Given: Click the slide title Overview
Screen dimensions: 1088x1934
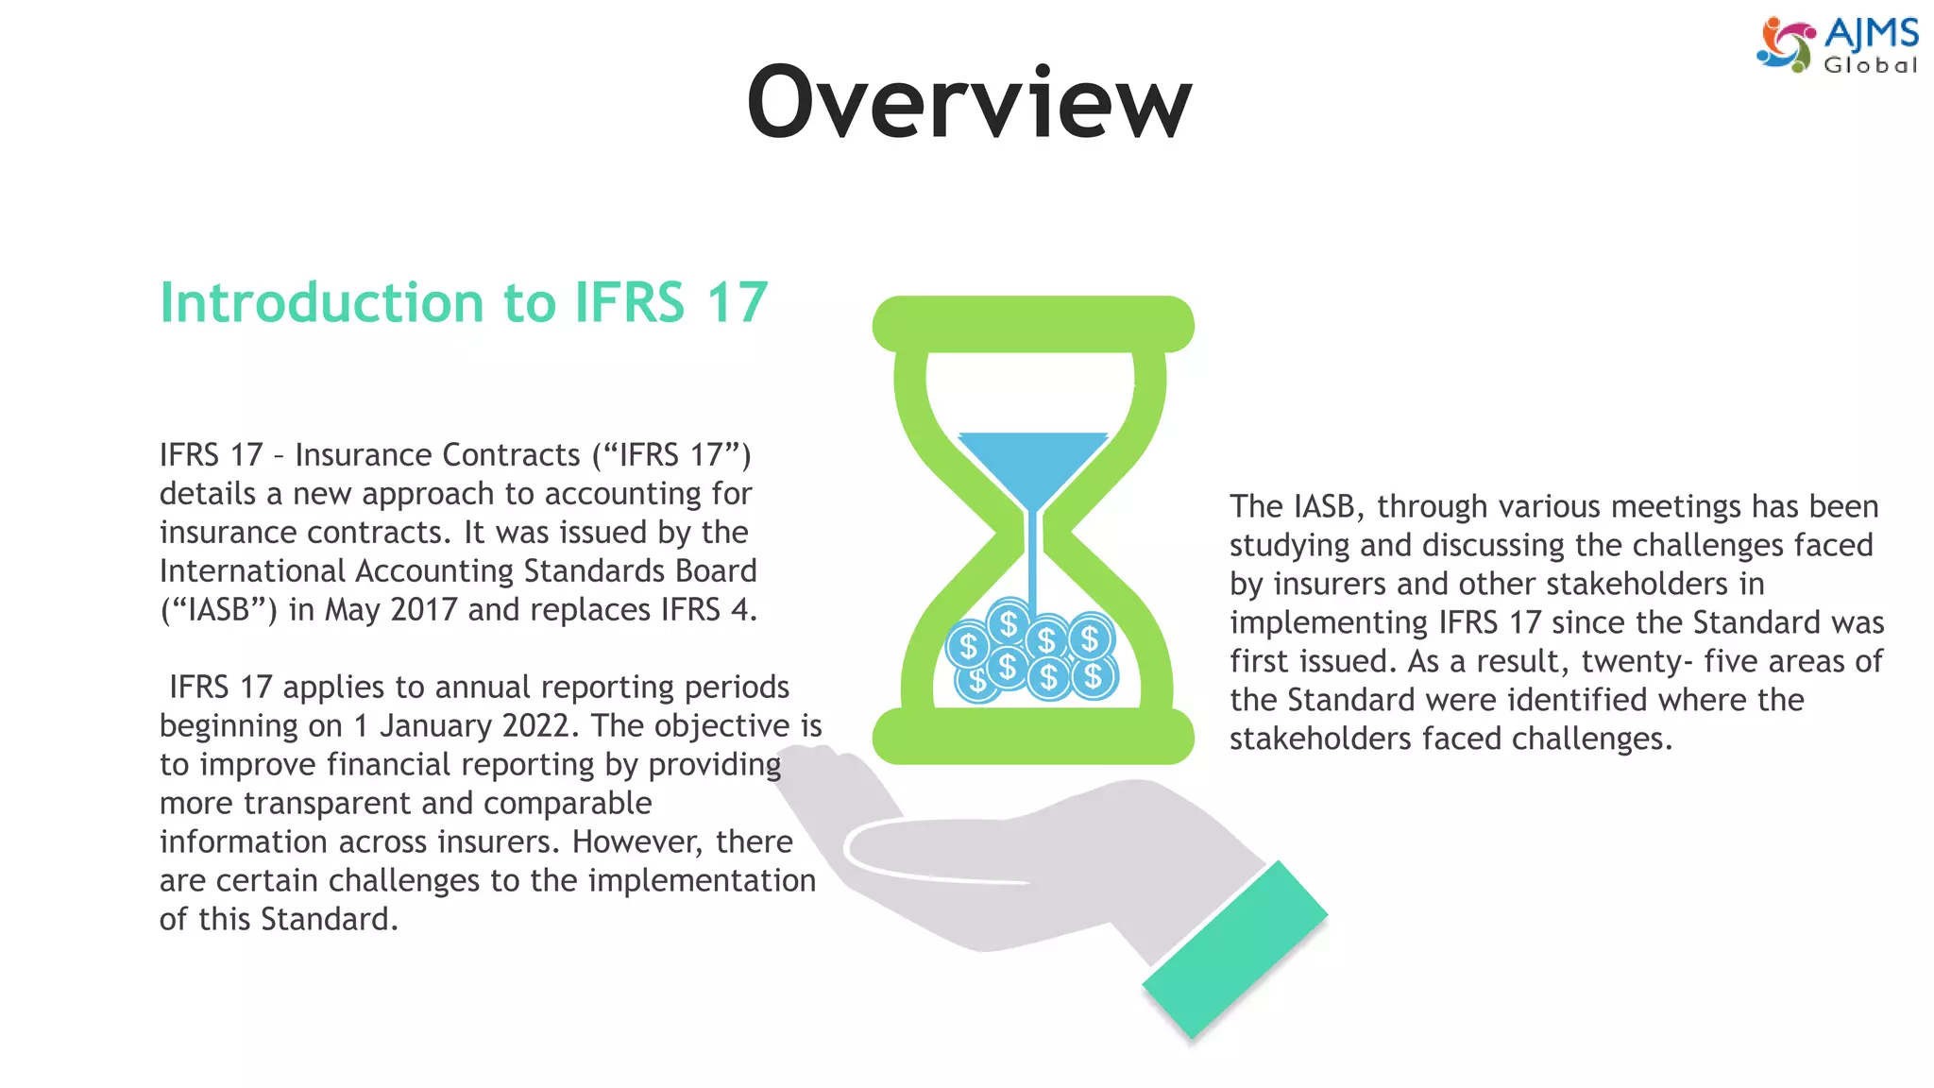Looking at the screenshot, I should click(x=969, y=102).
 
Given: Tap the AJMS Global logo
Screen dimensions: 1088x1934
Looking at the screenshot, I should click(x=1837, y=44).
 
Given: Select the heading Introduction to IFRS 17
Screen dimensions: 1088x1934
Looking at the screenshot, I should click(x=464, y=302).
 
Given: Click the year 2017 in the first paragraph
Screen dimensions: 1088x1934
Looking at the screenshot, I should click(x=424, y=610).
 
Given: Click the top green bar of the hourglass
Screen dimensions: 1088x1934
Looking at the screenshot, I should click(x=1033, y=324).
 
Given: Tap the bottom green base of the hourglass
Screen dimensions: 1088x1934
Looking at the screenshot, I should click(x=1033, y=737).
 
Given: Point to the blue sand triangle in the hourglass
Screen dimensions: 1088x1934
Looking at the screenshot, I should click(x=1033, y=463).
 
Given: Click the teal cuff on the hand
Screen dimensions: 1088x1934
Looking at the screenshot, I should click(x=1235, y=949).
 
